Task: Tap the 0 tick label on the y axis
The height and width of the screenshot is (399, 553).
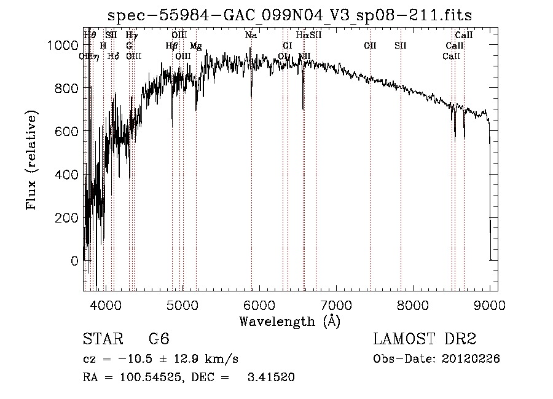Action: click(74, 261)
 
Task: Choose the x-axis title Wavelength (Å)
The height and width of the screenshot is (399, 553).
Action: click(289, 321)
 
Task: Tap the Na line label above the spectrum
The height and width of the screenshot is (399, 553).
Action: click(251, 36)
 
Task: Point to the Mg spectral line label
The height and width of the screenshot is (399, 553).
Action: click(195, 46)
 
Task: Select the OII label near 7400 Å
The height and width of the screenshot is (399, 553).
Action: click(370, 45)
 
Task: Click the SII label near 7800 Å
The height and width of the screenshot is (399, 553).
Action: click(401, 45)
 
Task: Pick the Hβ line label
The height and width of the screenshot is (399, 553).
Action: click(171, 46)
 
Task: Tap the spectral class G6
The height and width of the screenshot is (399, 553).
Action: click(159, 339)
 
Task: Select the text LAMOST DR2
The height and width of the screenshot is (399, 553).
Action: click(425, 339)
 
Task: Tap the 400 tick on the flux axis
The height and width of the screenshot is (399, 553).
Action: click(69, 175)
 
